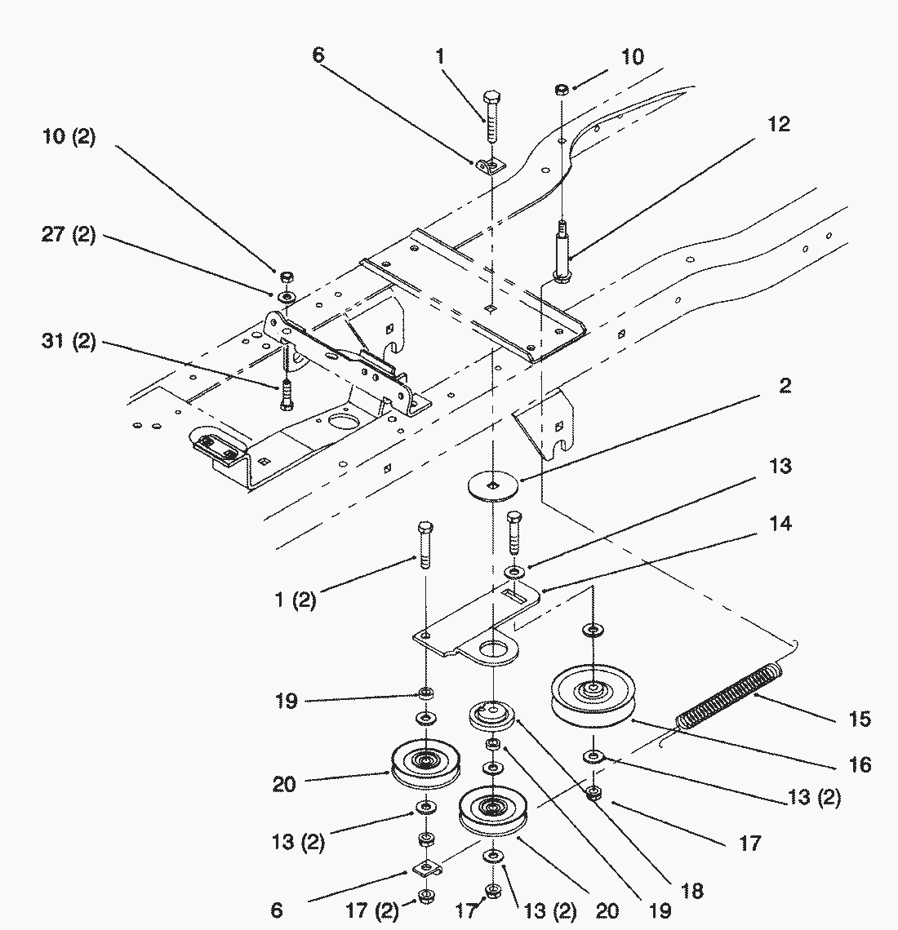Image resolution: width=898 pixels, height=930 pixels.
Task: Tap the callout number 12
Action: pyautogui.click(x=779, y=125)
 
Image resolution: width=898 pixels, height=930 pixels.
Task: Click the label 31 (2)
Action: pyautogui.click(x=69, y=342)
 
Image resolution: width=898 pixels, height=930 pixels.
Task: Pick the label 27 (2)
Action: pyautogui.click(x=69, y=235)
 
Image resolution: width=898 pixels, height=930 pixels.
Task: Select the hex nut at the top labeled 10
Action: pyautogui.click(x=562, y=88)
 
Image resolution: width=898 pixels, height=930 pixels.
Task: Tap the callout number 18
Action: pyautogui.click(x=691, y=890)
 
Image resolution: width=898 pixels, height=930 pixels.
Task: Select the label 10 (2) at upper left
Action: pyautogui.click(x=69, y=137)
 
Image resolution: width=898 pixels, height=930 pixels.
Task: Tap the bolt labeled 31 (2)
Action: pyautogui.click(x=286, y=396)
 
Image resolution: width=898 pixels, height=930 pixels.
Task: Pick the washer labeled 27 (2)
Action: pyautogui.click(x=287, y=295)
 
